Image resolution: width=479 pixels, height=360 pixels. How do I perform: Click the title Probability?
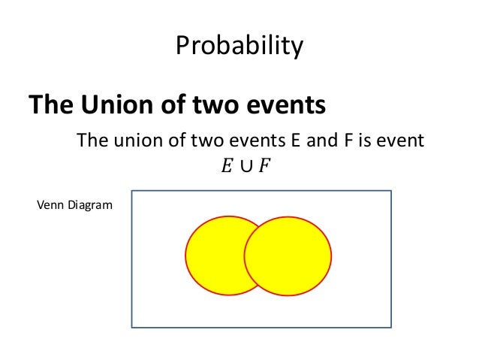239,47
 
